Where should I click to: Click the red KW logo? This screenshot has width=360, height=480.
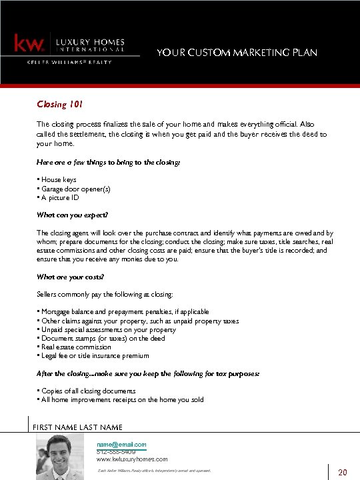point(29,44)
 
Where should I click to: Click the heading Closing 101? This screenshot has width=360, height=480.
point(59,105)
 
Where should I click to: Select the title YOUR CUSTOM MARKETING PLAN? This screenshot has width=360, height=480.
point(237,53)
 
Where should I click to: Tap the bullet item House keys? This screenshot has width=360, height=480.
point(58,180)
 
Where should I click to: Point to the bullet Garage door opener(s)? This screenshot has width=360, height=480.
point(75,189)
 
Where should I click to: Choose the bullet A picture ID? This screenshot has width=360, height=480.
point(59,198)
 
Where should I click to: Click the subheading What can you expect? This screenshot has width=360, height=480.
point(72,215)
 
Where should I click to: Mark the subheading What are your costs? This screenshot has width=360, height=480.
point(71,277)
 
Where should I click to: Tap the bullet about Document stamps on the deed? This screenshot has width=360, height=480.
point(103,338)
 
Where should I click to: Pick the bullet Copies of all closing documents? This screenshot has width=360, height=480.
point(88,391)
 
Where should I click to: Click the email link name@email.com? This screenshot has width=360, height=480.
point(121,445)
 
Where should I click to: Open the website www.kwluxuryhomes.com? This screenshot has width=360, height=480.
point(132,459)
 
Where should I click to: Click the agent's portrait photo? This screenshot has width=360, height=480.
point(61,457)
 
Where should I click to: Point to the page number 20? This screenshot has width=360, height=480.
point(343,473)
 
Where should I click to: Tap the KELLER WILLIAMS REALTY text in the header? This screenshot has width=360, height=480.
point(69,62)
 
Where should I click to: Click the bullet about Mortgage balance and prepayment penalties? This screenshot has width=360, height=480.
point(125,311)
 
